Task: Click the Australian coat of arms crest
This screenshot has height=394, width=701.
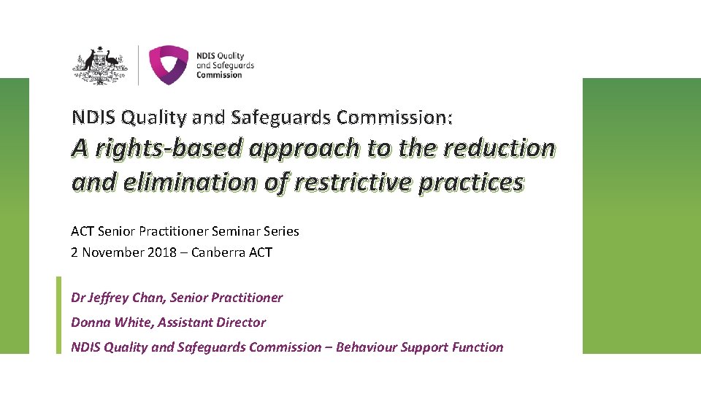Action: (x=100, y=65)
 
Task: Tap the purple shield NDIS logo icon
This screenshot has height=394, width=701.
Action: (x=168, y=65)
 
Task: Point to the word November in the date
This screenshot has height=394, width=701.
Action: (x=110, y=252)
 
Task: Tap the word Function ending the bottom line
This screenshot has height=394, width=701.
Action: (x=478, y=347)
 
